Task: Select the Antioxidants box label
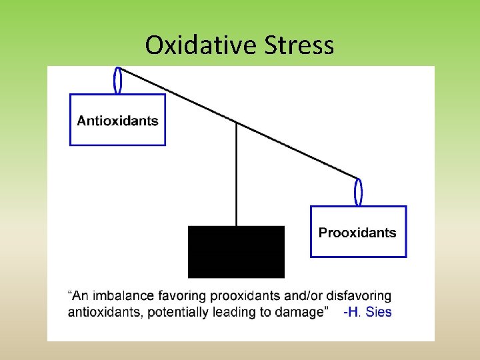point(118,121)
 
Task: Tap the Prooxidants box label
point(357,233)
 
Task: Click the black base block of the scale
point(236,251)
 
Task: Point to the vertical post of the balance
point(236,173)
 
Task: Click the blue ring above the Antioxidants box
point(119,80)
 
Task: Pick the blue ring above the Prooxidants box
point(359,191)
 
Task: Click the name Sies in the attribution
point(379,311)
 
